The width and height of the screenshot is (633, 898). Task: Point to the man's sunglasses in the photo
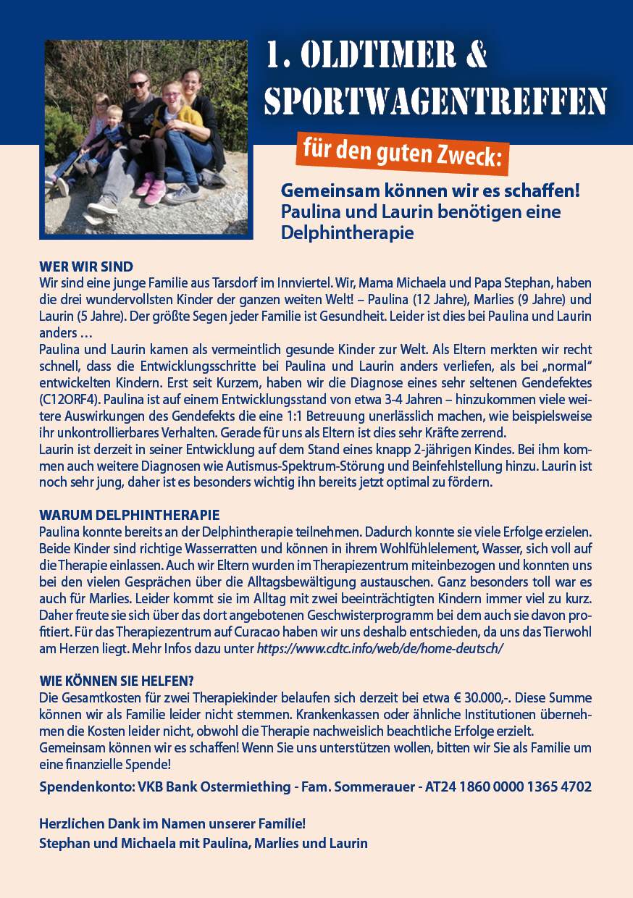click(x=138, y=85)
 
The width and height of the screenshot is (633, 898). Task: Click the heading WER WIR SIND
click(x=86, y=267)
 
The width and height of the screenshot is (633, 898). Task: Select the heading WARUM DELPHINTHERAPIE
click(x=129, y=516)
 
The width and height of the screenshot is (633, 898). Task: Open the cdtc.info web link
click(x=380, y=648)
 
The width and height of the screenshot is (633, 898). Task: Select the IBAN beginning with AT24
click(x=508, y=786)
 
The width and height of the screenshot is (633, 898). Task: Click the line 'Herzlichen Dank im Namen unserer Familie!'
click(x=172, y=824)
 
